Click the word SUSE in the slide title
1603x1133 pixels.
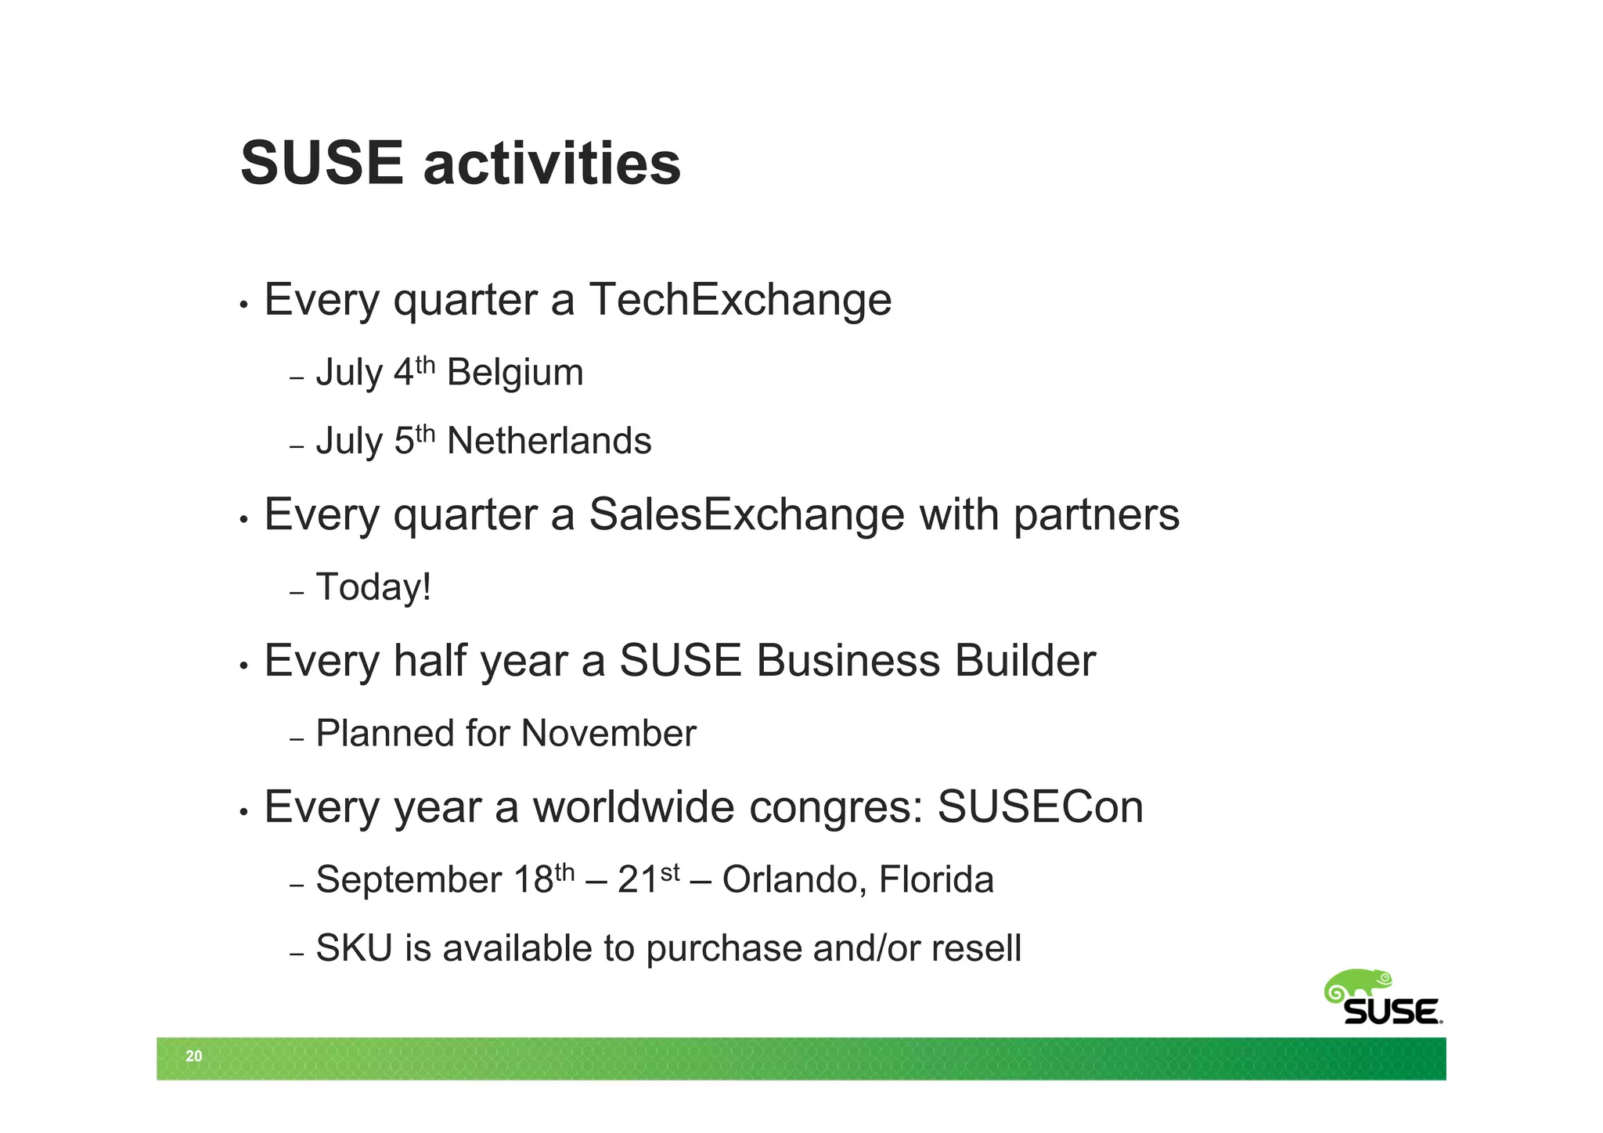(322, 164)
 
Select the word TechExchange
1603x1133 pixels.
(740, 300)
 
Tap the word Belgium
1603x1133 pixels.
(515, 373)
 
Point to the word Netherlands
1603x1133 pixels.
(549, 441)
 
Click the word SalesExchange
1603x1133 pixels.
(746, 515)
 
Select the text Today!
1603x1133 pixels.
(373, 587)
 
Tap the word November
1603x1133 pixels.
(608, 734)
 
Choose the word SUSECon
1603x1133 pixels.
(1040, 807)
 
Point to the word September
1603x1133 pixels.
(408, 881)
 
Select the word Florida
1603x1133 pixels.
(936, 879)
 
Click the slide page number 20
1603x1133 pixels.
(193, 1056)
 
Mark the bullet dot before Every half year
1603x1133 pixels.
(244, 666)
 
